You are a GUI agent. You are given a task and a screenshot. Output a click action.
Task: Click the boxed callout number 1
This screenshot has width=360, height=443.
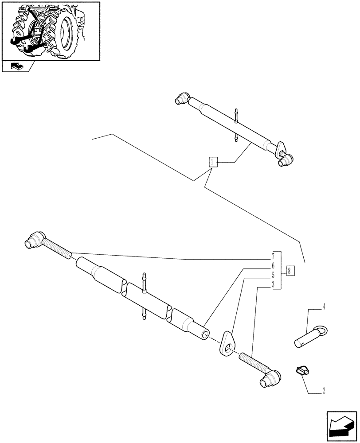coord(213,162)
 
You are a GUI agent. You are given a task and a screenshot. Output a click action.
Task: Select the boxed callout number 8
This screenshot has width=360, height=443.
coord(289,270)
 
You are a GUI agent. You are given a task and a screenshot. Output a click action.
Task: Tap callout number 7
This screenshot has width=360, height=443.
coord(274,256)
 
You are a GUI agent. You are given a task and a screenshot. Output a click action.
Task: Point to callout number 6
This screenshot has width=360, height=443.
coord(274,266)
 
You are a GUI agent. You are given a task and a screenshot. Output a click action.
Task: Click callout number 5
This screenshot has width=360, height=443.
coord(274,275)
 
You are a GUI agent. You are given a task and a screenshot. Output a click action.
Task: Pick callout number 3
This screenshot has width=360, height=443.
coord(274,284)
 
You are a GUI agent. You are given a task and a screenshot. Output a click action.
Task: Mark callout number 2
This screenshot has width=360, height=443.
coord(324,391)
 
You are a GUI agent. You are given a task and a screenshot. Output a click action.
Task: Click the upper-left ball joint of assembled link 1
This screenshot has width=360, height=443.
coord(183,99)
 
